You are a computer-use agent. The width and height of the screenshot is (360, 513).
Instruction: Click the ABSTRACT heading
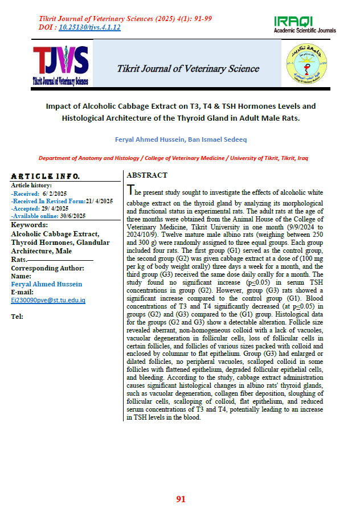[x=147, y=175]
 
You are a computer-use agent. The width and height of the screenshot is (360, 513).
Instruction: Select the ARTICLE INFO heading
[x=46, y=176]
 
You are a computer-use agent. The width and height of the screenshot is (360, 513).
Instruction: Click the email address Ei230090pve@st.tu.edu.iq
[x=48, y=299]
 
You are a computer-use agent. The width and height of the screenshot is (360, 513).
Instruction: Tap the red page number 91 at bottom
[x=181, y=499]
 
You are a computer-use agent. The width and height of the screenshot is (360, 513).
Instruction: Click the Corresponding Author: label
[x=48, y=268]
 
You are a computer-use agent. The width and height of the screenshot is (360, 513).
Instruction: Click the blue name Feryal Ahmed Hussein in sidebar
[x=47, y=284]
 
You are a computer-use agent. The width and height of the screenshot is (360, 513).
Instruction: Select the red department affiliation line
[x=180, y=158]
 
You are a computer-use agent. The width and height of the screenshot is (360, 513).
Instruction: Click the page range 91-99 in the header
[x=201, y=19]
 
